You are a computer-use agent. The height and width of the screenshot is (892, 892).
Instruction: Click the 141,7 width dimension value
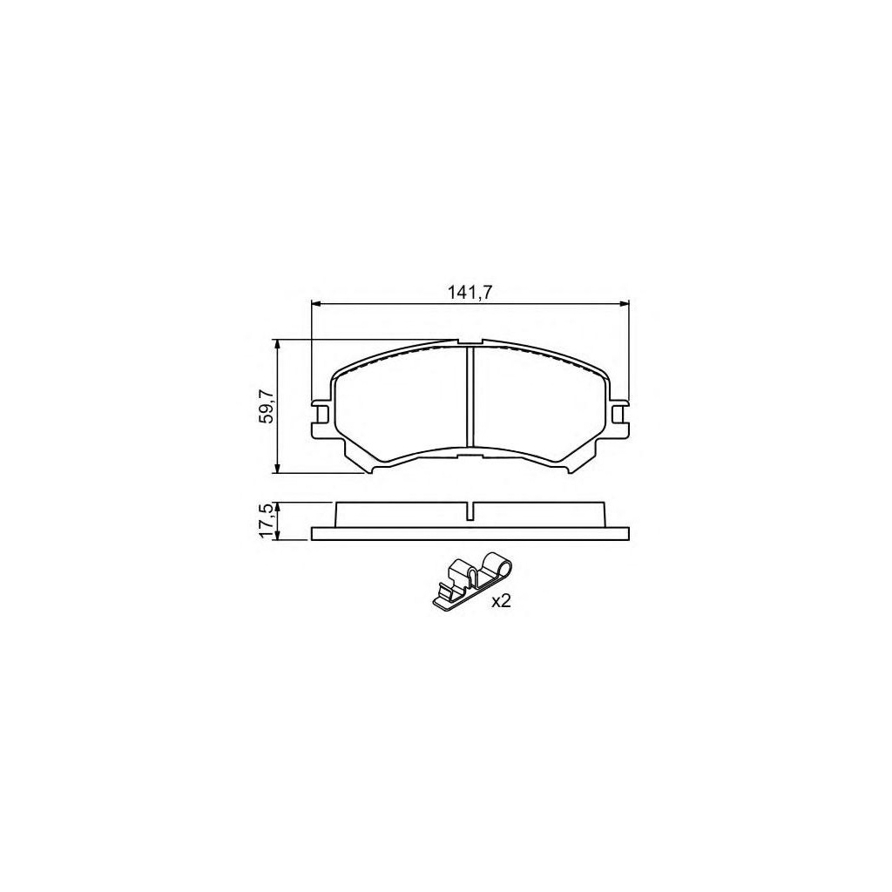point(470,293)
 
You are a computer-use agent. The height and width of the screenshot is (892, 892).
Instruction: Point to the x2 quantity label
point(501,602)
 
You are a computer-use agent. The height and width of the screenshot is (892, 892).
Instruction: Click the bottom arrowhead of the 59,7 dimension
point(277,468)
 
